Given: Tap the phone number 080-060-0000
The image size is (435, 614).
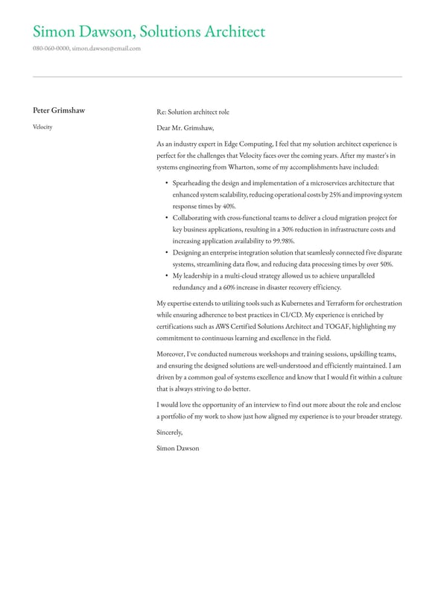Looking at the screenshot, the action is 51,48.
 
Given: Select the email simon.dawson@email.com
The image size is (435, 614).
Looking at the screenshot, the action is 106,48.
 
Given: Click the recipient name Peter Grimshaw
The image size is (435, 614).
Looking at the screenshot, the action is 59,111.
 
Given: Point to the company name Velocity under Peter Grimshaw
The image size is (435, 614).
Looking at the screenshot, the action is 42,127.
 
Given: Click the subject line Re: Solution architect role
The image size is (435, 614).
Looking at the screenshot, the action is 193,112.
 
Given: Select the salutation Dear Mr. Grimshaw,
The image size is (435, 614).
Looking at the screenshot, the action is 185,128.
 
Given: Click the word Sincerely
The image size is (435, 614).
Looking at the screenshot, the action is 170,432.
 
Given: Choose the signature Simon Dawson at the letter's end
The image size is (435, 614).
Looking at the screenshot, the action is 178,448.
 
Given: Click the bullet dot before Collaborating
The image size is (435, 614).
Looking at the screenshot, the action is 166,218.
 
